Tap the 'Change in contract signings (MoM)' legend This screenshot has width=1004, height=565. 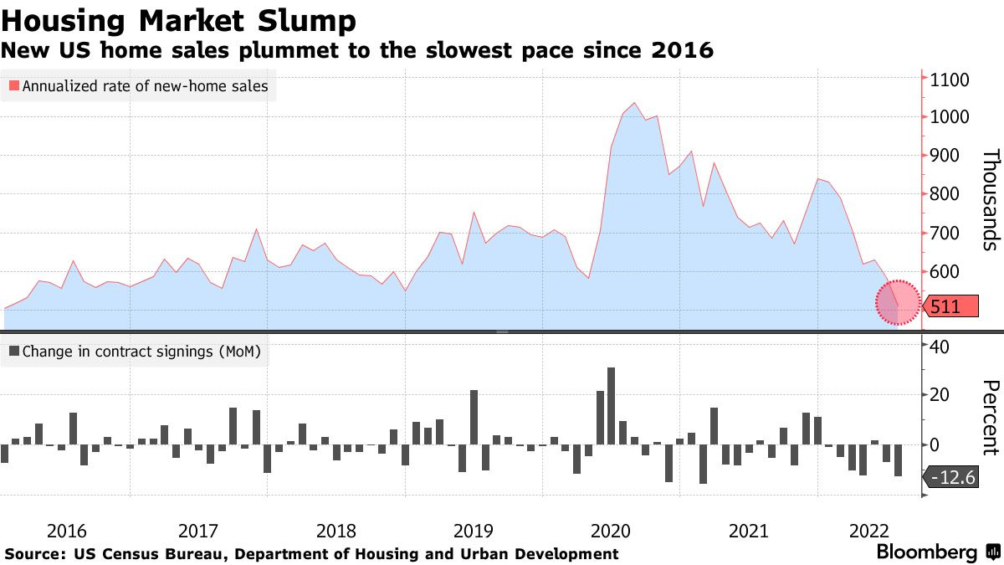[135, 352]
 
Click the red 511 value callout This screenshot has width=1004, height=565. [952, 306]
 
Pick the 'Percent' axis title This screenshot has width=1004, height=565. [990, 417]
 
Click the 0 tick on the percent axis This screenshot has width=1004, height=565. [935, 444]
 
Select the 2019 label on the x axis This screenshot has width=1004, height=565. [474, 531]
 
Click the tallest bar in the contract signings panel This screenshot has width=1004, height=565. [611, 406]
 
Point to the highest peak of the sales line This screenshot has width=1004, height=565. [634, 103]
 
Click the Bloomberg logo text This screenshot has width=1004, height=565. [926, 552]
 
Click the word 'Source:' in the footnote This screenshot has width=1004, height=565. [36, 554]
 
